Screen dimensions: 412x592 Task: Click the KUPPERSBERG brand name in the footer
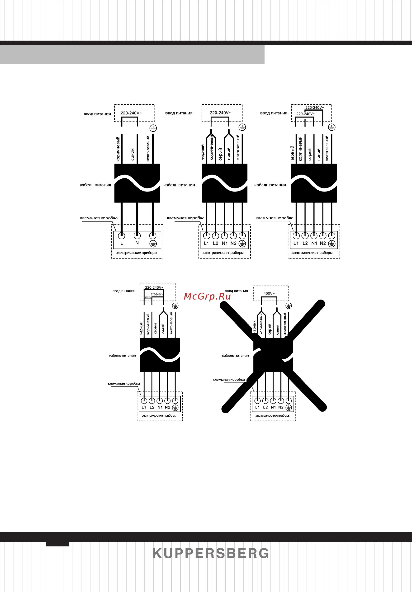211,553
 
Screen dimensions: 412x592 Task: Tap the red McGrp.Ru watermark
207,296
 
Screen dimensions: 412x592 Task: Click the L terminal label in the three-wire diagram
122,243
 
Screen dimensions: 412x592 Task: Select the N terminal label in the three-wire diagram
137,243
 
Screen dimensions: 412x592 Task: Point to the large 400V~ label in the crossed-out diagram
269,293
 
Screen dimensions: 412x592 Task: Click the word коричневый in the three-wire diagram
118,149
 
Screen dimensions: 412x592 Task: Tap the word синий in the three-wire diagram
132,154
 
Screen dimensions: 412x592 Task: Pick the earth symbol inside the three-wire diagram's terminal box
153,243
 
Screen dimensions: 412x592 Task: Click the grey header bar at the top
132,54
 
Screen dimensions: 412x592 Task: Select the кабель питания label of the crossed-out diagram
235,355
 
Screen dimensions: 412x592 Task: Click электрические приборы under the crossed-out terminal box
273,415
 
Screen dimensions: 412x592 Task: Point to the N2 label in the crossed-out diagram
281,407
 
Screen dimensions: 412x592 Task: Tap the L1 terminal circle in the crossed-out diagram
257,401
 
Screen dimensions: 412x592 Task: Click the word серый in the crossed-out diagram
270,329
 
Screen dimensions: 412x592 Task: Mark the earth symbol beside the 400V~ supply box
289,305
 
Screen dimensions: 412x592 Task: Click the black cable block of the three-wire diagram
137,183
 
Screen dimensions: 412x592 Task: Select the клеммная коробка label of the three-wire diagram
99,218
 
